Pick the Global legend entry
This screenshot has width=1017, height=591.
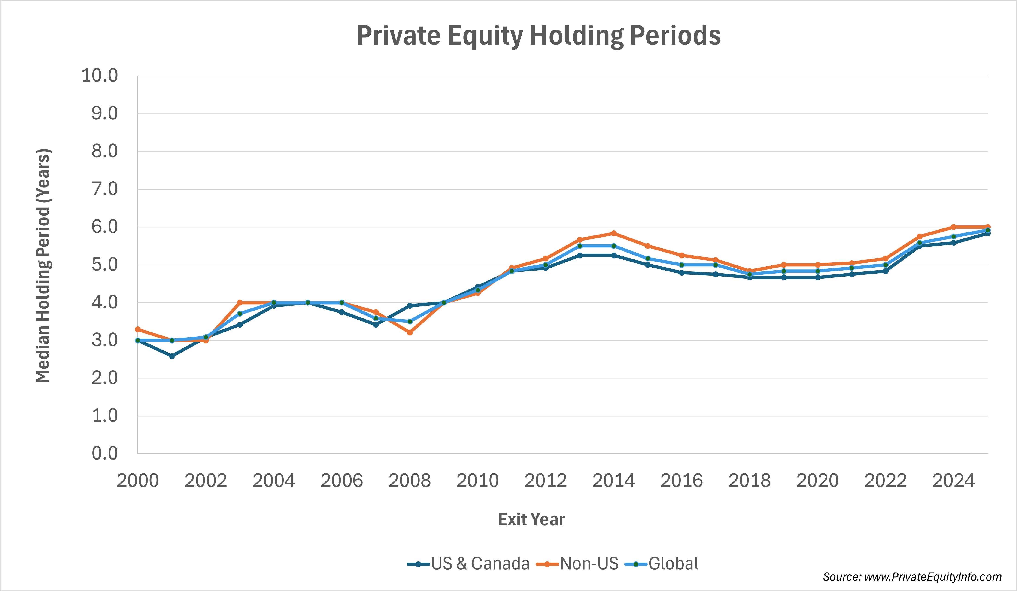[x=662, y=564]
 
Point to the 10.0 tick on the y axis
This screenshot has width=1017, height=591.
[x=100, y=76]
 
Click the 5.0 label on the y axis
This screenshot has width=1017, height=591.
[x=105, y=265]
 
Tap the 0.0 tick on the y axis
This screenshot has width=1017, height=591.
[x=105, y=453]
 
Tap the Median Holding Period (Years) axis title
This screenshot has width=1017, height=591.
[x=43, y=266]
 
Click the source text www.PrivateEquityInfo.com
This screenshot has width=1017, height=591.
[x=912, y=577]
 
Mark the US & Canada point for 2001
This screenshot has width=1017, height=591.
[x=172, y=356]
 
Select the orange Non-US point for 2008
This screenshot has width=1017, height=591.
[x=410, y=333]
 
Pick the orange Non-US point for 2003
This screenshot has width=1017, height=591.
[x=240, y=302]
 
